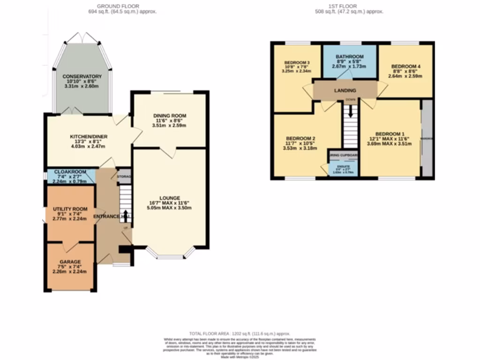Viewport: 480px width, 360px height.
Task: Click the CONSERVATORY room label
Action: tap(82, 76)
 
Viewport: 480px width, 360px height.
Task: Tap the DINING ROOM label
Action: tap(170, 115)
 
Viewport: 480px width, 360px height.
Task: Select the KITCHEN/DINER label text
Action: tap(89, 136)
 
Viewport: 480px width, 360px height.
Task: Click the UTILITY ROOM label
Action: tap(70, 209)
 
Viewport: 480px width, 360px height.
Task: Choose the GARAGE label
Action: tap(70, 262)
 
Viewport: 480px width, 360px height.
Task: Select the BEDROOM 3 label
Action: tap(297, 63)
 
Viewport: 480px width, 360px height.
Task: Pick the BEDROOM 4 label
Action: tap(405, 67)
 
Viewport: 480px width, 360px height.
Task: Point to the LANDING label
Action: tap(345, 90)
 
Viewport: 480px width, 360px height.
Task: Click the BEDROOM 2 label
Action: tap(300, 138)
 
